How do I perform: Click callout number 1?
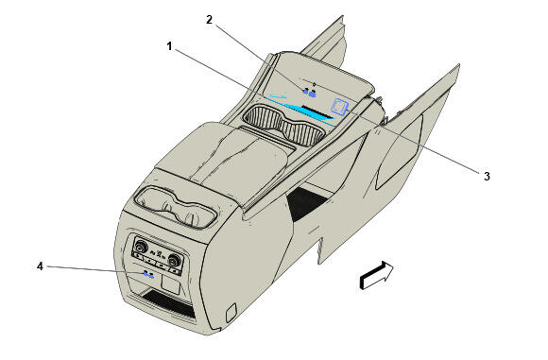coord(169,44)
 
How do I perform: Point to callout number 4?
coord(40,266)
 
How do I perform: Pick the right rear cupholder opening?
coord(196,214)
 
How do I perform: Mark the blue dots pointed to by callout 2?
coord(309,93)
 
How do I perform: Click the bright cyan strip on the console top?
coord(302,111)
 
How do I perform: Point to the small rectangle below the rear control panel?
coord(172,282)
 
